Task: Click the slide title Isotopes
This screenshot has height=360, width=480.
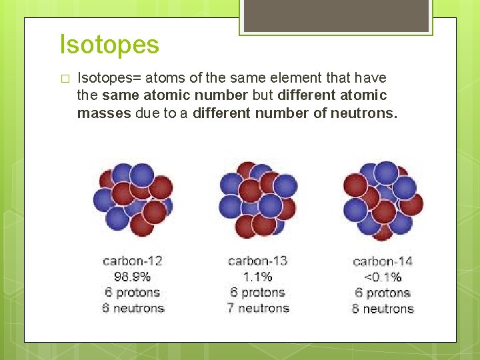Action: (109, 45)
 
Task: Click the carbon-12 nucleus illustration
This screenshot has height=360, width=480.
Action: (133, 198)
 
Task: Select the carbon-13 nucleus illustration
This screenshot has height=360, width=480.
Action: (258, 199)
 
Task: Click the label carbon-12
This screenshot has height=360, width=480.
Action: (133, 261)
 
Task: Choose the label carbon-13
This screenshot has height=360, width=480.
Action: (258, 261)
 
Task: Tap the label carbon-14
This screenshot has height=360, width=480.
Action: (383, 261)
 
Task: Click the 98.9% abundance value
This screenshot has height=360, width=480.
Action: (133, 277)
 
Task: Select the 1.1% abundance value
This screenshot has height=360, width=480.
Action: (258, 277)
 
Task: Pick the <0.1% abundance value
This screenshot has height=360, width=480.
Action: (383, 277)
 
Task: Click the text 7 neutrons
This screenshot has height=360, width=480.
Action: (258, 308)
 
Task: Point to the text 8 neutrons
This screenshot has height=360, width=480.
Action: (383, 309)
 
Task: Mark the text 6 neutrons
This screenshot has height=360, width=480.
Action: (133, 308)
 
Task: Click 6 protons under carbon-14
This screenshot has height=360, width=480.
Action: (383, 293)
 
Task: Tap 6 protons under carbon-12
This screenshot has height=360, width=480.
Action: (133, 292)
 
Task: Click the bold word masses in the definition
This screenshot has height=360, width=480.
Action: (104, 113)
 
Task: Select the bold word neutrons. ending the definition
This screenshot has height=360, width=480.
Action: (364, 113)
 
